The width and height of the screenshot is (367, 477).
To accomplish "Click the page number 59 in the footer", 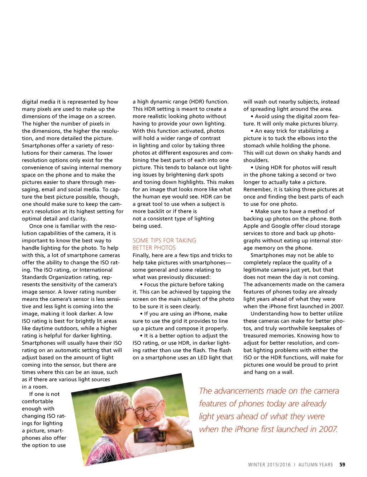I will pos(342,464).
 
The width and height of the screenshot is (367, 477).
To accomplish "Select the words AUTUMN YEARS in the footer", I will pos(315,464).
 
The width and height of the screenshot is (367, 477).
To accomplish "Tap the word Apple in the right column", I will pos(251,226).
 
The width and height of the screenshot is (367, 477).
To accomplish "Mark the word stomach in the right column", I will pos(255,146).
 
